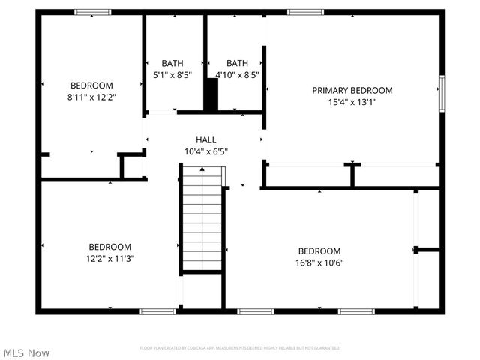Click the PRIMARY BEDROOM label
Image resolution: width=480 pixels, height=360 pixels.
(x=352, y=90)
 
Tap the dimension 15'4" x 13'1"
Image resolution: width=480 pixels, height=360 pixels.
(x=352, y=102)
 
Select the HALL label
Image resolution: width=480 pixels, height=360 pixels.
(x=206, y=139)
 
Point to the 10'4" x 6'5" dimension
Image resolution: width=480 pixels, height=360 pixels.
(x=206, y=151)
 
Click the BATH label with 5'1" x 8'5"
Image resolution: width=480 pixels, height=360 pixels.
(x=172, y=63)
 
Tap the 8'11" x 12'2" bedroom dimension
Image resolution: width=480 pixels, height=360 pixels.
(x=92, y=97)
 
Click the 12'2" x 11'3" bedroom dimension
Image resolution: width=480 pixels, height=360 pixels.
(x=110, y=259)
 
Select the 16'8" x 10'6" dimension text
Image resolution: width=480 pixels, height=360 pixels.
(x=319, y=262)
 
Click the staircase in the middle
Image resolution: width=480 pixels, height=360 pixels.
(x=202, y=221)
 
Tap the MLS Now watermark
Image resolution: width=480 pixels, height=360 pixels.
(x=26, y=352)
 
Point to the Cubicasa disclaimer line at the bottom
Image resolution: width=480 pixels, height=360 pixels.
(x=240, y=348)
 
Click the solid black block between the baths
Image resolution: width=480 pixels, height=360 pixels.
(x=211, y=96)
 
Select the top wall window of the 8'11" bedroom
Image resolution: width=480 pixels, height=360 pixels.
(x=93, y=12)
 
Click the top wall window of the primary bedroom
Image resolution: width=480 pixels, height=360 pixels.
(x=305, y=12)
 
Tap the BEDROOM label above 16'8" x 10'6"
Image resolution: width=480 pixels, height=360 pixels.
(x=319, y=250)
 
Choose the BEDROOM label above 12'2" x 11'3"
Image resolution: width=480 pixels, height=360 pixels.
(x=110, y=247)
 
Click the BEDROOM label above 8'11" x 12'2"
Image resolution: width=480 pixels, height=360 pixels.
(x=92, y=85)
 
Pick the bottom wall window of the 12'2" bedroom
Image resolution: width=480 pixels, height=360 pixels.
(x=157, y=310)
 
